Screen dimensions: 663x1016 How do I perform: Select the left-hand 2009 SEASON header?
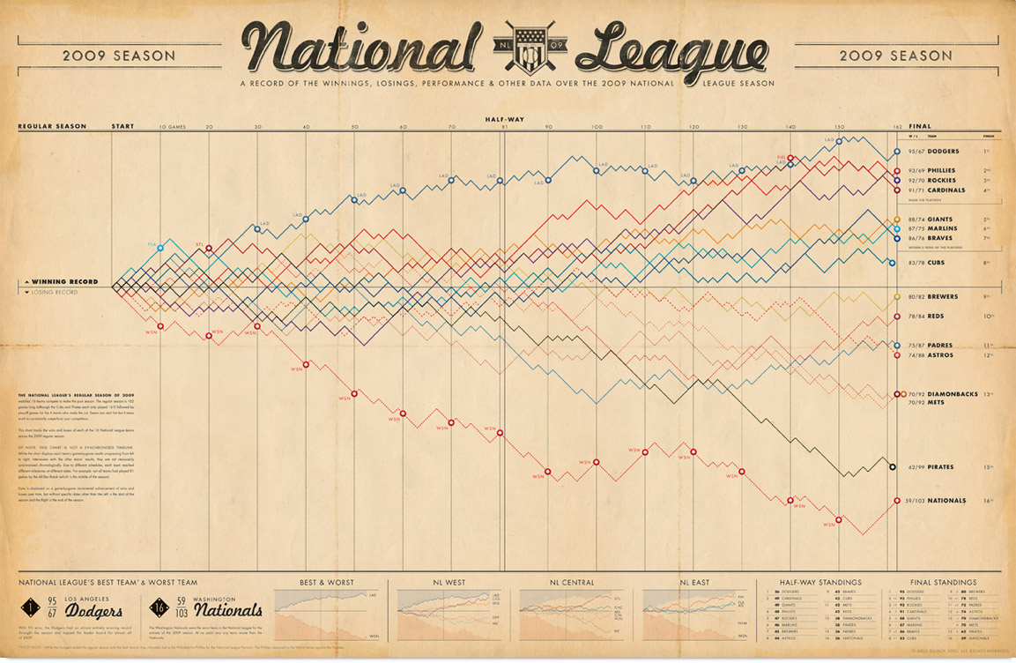[119, 55]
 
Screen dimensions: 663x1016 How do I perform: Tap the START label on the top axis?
[122, 127]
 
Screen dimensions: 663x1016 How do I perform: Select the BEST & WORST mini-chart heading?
[326, 583]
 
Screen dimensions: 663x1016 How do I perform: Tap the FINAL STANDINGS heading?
[943, 583]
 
